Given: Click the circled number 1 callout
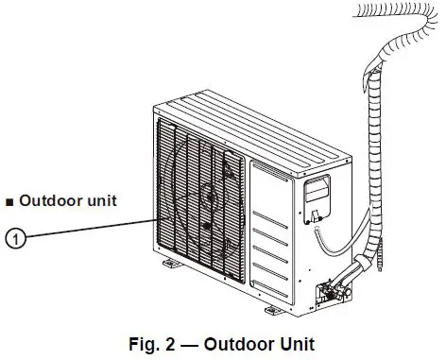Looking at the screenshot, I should coord(15,238).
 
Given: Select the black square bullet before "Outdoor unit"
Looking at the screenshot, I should coord(9,201).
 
